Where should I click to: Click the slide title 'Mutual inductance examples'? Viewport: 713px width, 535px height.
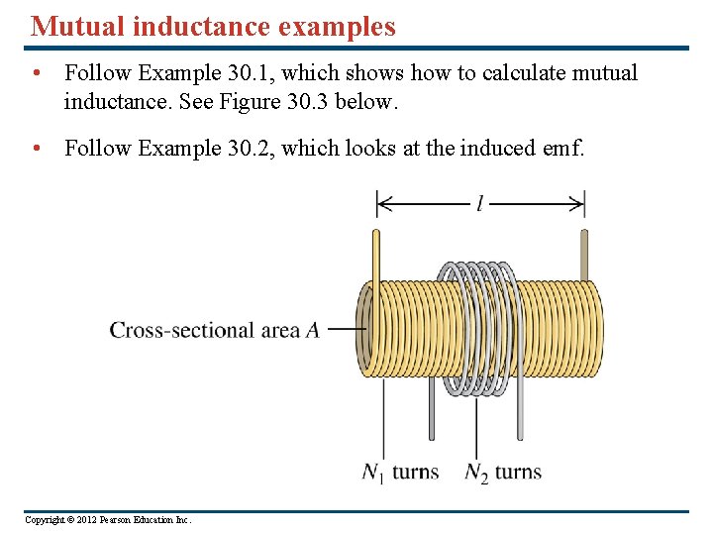click(213, 26)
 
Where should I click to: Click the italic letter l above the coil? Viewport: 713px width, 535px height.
click(479, 204)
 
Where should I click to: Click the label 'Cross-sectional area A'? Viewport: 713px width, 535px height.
click(214, 330)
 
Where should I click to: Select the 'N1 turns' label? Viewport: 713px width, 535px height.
click(400, 472)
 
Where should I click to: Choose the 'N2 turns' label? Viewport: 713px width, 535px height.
click(503, 472)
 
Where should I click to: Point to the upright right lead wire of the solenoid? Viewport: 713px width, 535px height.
click(584, 256)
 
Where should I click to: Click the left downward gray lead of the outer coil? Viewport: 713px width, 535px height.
click(432, 411)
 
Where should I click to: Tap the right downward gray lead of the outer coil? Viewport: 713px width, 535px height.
click(519, 411)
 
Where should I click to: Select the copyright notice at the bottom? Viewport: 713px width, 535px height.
click(108, 520)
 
